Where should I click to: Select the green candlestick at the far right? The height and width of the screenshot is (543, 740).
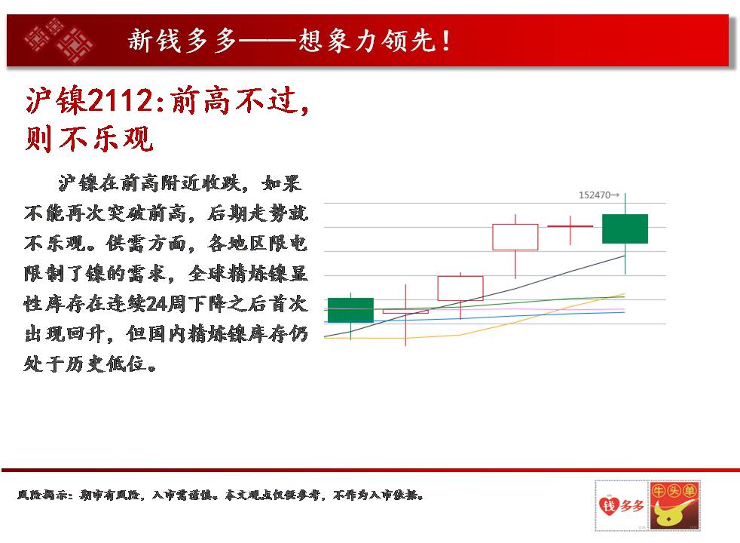(x=625, y=229)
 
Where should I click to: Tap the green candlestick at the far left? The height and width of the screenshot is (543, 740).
(x=350, y=310)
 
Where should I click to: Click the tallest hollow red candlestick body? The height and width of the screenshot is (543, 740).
(x=515, y=237)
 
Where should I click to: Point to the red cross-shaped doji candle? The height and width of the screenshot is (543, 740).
(x=570, y=227)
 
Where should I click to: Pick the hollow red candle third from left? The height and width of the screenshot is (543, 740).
(x=460, y=288)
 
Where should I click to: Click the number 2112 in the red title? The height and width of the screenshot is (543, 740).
(x=121, y=100)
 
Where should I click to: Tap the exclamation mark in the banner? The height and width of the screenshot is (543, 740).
(x=446, y=41)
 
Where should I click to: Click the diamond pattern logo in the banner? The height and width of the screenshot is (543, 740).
(x=59, y=40)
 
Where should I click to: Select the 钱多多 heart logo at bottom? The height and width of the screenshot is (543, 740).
(x=621, y=505)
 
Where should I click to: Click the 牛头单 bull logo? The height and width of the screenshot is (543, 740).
(x=674, y=505)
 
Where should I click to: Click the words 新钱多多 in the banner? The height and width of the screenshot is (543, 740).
(x=182, y=40)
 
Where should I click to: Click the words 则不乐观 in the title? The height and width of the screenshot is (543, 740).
(x=89, y=139)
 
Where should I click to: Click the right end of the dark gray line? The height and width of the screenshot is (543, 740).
(x=625, y=256)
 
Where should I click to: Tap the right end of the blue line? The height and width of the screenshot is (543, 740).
(x=625, y=312)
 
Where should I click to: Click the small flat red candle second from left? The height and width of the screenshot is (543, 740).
(x=405, y=311)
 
